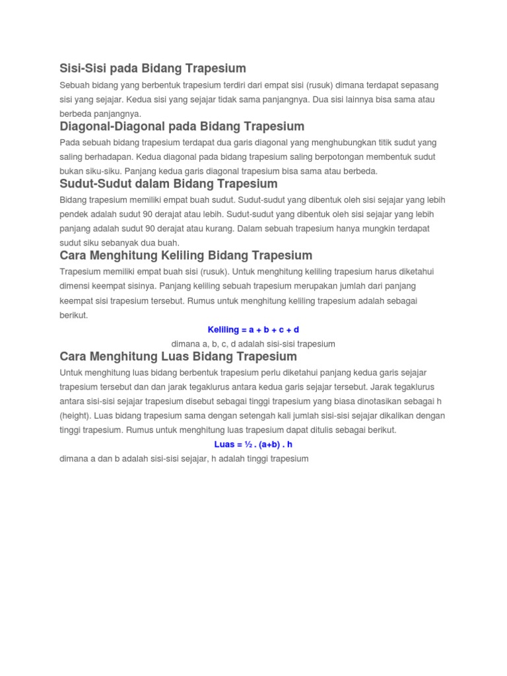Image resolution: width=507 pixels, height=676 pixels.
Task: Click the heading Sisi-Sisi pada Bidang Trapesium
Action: tap(152, 68)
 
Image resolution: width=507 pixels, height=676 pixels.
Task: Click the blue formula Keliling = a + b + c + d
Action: tap(253, 329)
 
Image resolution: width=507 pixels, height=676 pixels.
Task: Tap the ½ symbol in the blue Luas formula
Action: tap(248, 444)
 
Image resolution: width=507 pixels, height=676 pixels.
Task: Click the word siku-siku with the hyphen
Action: tap(101, 171)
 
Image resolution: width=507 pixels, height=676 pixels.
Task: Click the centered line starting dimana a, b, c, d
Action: tap(253, 344)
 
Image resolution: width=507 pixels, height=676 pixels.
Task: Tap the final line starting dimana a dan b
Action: tap(184, 458)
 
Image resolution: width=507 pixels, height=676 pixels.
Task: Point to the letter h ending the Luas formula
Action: tap(290, 444)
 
